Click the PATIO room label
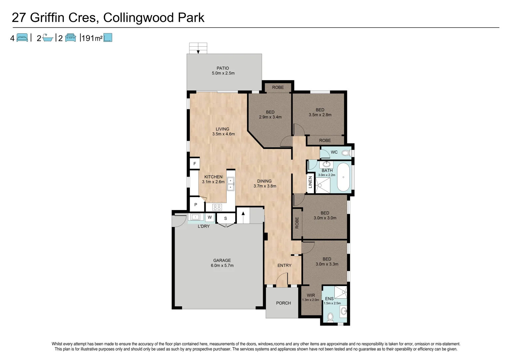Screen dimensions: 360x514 tap(223, 68)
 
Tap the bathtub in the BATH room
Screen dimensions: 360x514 tap(343, 177)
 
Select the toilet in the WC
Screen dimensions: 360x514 tap(345, 153)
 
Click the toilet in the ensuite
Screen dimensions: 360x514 tap(330, 317)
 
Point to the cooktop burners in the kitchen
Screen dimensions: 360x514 tap(217, 207)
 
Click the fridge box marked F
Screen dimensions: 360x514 tap(195, 164)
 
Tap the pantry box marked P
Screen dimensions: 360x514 tap(196, 205)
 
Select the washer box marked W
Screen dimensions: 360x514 tap(210, 217)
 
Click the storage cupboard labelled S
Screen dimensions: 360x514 tap(226, 218)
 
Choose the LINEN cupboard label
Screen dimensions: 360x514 tap(310, 182)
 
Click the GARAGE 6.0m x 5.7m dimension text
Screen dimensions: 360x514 tap(222, 266)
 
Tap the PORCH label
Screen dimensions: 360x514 tap(283, 303)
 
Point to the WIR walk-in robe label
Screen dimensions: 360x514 tap(311, 295)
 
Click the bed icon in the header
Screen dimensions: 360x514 tap(22, 38)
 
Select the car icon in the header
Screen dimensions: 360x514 tap(70, 38)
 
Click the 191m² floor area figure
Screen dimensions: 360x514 tap(92, 38)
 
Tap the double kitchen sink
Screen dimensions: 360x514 tap(230, 184)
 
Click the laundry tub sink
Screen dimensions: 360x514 tap(195, 217)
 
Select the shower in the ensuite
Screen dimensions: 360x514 tap(341, 292)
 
